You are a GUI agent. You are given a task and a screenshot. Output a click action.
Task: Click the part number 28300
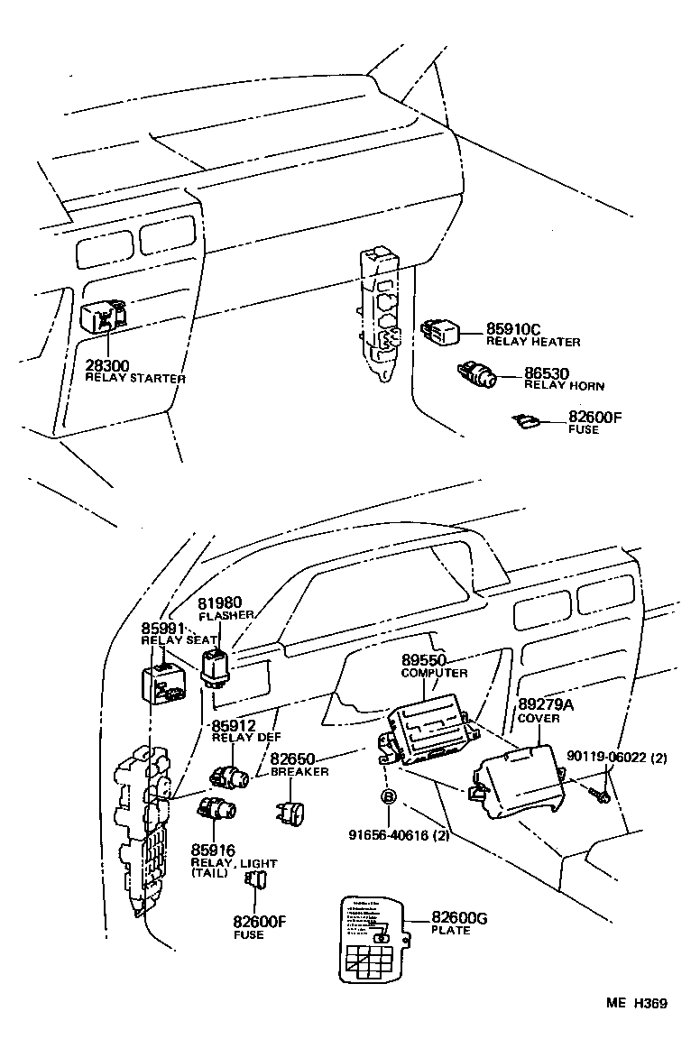click(x=107, y=365)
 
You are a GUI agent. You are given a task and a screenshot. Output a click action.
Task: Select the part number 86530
click(x=549, y=372)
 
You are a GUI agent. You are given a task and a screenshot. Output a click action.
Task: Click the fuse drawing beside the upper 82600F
click(x=526, y=419)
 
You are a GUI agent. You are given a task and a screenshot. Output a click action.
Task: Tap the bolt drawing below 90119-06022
click(x=597, y=793)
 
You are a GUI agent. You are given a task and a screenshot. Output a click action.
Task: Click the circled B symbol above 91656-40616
click(x=388, y=796)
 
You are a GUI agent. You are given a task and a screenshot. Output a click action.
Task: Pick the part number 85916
click(x=212, y=850)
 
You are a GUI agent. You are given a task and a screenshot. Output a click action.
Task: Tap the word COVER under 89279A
click(x=539, y=719)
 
